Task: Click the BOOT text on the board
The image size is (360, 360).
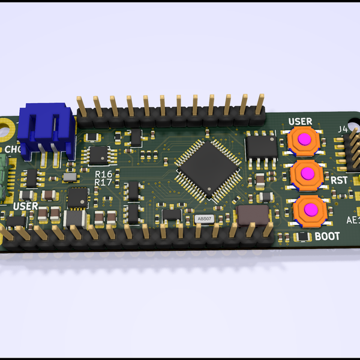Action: click(x=327, y=236)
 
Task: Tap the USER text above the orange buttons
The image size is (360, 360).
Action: click(x=300, y=121)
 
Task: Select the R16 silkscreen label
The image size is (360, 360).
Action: click(x=104, y=173)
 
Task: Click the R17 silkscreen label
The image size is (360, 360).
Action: click(x=104, y=182)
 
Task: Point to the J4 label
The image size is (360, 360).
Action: click(x=343, y=128)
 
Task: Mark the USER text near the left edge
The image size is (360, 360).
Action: click(x=26, y=206)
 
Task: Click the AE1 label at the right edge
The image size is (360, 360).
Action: click(x=353, y=220)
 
